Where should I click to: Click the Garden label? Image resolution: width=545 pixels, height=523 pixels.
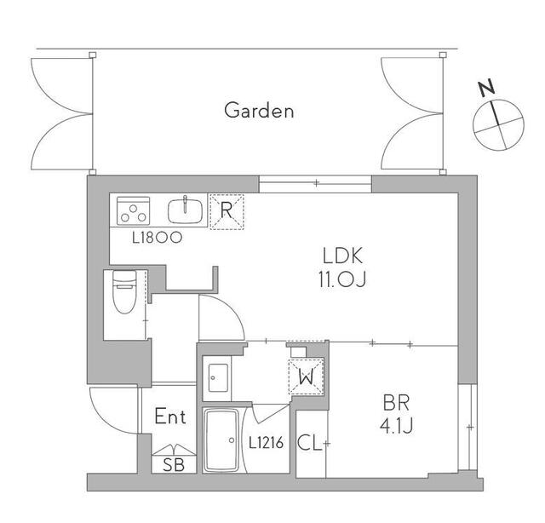(259, 111)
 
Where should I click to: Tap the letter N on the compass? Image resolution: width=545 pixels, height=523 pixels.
(487, 88)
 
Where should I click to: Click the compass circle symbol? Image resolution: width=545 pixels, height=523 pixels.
(498, 125)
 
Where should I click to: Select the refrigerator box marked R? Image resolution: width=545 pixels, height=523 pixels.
(227, 211)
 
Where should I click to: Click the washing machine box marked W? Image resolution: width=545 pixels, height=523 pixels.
(307, 377)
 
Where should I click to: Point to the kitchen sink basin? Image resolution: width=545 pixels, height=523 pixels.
(186, 211)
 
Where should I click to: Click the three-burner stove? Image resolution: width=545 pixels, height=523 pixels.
(133, 210)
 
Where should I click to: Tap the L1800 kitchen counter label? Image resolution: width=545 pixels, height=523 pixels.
(157, 238)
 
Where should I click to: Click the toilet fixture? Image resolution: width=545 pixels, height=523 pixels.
(124, 292)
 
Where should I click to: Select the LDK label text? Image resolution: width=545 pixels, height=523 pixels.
(342, 256)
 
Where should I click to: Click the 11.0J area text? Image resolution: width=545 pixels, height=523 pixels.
(342, 279)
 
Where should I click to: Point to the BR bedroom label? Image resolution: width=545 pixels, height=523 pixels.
(396, 403)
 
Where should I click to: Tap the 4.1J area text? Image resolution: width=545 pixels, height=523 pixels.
(396, 426)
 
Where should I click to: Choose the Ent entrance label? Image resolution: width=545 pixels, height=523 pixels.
(170, 417)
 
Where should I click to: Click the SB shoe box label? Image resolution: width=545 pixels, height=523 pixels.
(174, 464)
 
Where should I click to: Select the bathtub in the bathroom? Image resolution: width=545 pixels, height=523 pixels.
(221, 440)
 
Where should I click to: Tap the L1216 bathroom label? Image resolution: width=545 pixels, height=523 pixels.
(267, 443)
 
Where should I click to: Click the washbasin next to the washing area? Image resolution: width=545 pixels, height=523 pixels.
(218, 377)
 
